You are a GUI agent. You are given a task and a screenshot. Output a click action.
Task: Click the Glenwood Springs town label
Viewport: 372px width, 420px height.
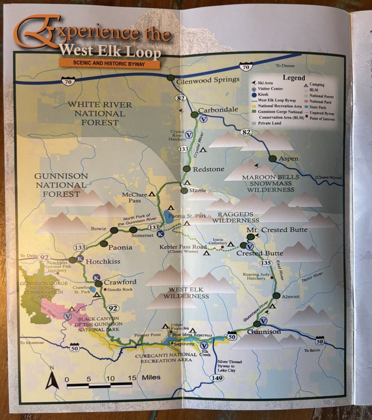click(x=208, y=80)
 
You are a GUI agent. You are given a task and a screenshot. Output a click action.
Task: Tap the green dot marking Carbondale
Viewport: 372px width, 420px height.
click(x=195, y=115)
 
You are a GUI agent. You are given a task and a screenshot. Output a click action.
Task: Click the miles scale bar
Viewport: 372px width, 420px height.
click(x=99, y=384)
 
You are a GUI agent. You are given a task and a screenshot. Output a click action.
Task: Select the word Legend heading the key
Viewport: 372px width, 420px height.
click(x=293, y=77)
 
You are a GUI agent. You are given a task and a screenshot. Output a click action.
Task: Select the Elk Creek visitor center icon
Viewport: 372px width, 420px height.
click(x=204, y=345)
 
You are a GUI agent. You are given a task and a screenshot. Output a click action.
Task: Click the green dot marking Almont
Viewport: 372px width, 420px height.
click(x=276, y=296)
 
